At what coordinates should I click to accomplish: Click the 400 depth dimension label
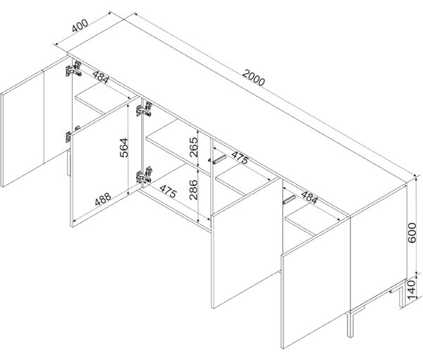[x=80, y=25]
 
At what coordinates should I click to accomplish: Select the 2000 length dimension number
[x=254, y=77]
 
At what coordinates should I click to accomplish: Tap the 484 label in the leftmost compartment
[x=101, y=77]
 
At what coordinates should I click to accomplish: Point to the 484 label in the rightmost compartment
[x=309, y=197]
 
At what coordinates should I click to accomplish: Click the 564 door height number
[x=124, y=147]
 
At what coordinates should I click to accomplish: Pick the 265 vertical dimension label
[x=194, y=147]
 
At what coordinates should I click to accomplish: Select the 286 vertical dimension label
[x=193, y=190]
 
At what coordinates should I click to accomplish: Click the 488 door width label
[x=103, y=199]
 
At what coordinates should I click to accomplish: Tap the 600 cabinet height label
[x=412, y=232]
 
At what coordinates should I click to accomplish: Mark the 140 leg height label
[x=412, y=290]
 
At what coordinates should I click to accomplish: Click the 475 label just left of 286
[x=168, y=191]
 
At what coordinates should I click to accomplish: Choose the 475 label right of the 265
[x=240, y=158]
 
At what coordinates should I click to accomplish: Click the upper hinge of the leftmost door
[x=73, y=69]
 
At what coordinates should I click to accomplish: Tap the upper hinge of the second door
[x=144, y=108]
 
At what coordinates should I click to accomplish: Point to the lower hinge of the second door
[x=144, y=175]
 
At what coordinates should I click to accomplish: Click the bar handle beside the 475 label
[x=217, y=159]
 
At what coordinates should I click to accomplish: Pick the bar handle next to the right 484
[x=289, y=199]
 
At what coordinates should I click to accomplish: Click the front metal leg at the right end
[x=350, y=324]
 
